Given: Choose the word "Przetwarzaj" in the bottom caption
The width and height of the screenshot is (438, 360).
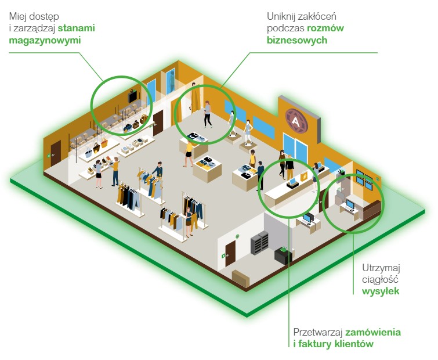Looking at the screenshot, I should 318,333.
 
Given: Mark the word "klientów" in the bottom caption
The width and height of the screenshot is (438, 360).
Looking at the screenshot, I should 353,345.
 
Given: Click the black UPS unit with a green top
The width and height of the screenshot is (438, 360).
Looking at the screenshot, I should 283,256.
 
